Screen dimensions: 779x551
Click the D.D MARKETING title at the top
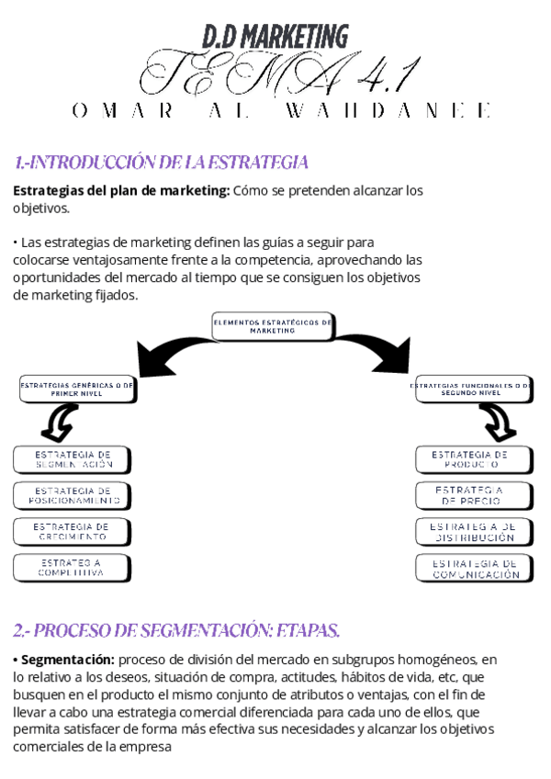click(275, 38)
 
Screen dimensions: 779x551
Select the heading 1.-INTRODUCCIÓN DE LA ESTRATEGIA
click(161, 163)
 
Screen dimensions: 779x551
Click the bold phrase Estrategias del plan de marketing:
click(121, 191)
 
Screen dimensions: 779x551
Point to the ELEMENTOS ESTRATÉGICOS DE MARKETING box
click(273, 326)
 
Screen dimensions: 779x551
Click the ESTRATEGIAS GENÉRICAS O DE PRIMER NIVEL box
click(77, 389)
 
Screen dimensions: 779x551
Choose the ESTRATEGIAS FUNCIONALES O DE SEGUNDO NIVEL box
click(471, 389)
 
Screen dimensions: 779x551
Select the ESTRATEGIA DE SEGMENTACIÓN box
click(73, 459)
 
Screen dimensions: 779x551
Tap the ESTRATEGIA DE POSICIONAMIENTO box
click(73, 496)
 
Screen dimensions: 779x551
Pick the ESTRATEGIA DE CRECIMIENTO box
click(72, 532)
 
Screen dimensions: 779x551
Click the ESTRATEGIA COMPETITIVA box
click(71, 567)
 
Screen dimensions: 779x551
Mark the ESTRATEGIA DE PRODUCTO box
click(474, 459)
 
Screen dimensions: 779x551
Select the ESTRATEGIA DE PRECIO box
click(474, 496)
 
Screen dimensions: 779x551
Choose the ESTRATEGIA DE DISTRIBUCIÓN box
click(474, 532)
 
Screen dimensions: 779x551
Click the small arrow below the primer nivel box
click(61, 422)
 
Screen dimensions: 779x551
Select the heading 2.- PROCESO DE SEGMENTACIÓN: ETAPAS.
click(176, 630)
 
